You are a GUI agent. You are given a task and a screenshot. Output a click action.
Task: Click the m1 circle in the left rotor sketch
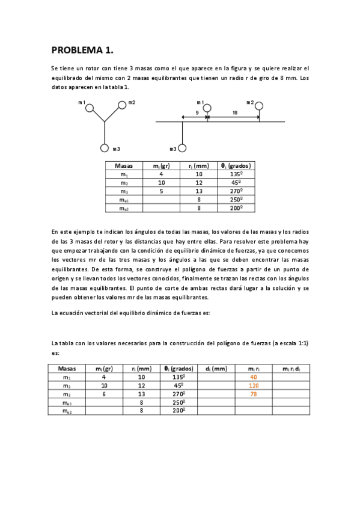pos(89,108)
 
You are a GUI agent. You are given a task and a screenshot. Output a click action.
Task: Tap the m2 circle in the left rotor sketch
pos(121,105)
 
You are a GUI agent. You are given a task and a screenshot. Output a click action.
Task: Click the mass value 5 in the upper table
pos(161,191)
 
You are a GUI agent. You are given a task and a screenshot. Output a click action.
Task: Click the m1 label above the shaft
pos(200,102)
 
